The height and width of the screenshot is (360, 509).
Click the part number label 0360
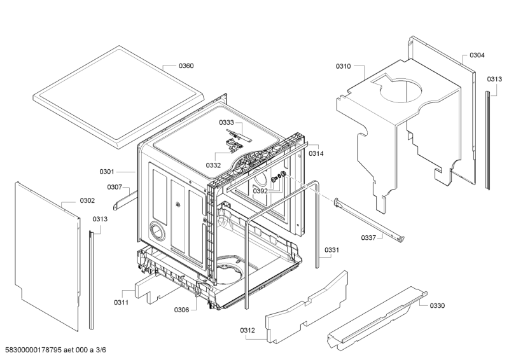click(x=186, y=66)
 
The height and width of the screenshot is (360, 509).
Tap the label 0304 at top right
click(x=477, y=55)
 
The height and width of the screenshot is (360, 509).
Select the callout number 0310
click(x=343, y=66)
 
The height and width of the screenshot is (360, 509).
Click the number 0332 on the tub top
click(x=213, y=165)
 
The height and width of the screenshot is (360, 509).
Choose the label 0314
click(x=316, y=154)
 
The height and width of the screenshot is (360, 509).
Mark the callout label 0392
click(x=260, y=191)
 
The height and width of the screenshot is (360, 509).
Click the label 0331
click(x=332, y=251)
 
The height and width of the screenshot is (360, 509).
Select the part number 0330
click(x=436, y=305)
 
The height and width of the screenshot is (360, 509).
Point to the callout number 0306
click(x=181, y=310)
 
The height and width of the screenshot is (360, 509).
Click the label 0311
click(x=122, y=302)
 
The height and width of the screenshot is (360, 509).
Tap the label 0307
click(x=114, y=187)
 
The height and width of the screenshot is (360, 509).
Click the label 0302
click(x=87, y=201)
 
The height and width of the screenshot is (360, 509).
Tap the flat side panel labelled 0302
click(x=48, y=254)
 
